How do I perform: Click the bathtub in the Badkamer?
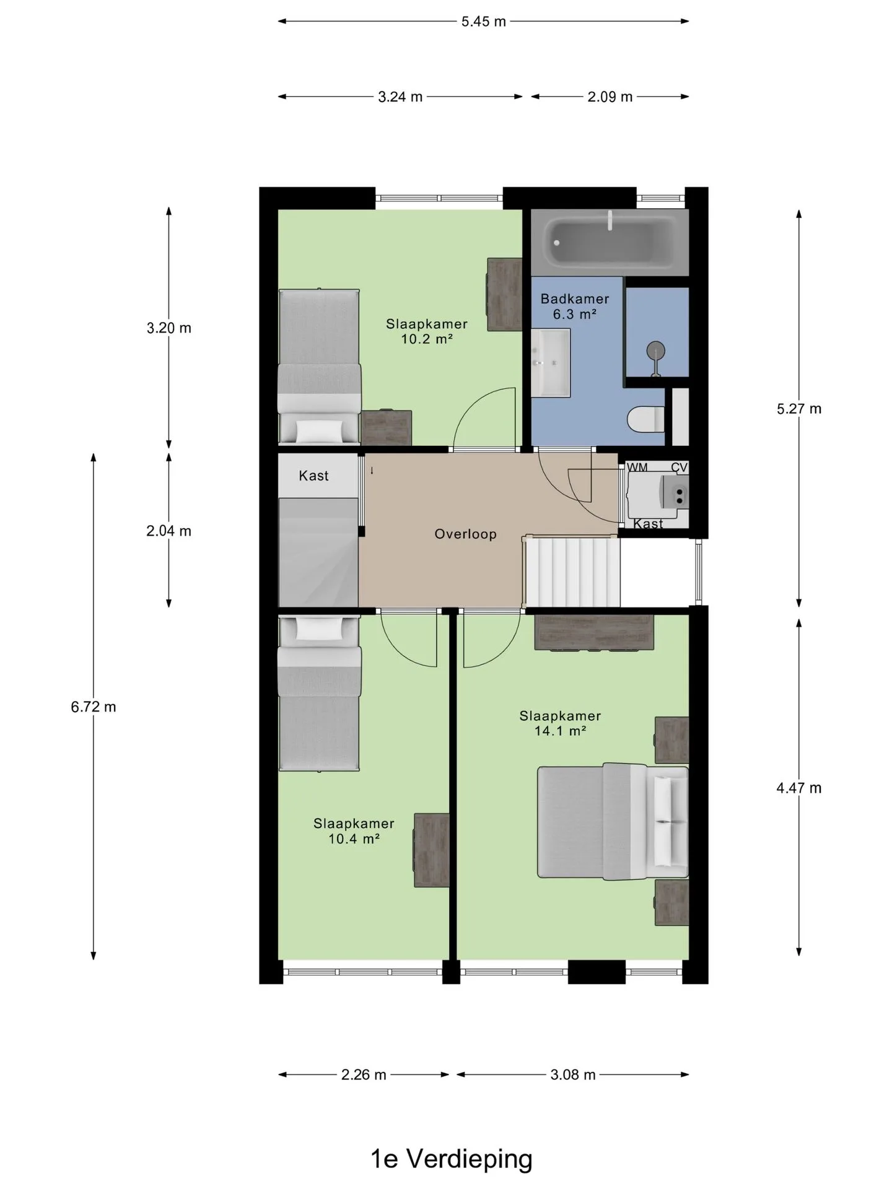610,243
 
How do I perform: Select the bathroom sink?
551,362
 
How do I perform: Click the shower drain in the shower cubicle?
655,352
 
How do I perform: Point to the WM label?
637,468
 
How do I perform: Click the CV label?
679,468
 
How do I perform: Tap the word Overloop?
465,534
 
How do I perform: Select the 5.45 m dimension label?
483,22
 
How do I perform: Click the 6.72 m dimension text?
94,707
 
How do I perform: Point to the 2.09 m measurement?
610,97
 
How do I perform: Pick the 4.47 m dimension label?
799,788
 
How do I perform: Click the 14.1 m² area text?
560,731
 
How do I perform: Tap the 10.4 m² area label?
354,838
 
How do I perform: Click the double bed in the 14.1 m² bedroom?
613,821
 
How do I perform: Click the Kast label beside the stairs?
313,476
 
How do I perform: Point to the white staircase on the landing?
572,572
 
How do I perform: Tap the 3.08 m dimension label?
573,1074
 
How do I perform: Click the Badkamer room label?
575,298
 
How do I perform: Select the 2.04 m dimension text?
168,531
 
